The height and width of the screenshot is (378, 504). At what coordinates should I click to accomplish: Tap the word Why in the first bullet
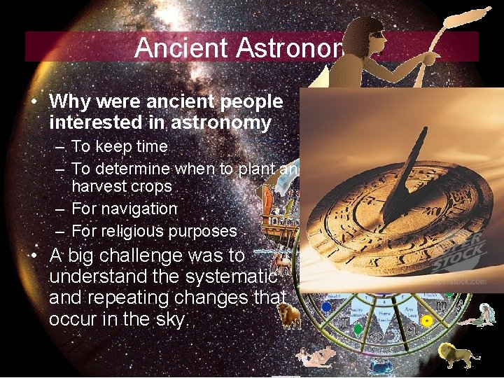click(x=68, y=102)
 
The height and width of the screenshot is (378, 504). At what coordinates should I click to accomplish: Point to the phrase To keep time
click(x=119, y=147)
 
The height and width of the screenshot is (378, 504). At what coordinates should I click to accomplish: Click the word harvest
click(x=102, y=187)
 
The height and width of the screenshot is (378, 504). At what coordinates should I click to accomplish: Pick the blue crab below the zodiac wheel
click(x=381, y=365)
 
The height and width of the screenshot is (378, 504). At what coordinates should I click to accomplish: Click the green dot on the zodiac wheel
click(x=358, y=328)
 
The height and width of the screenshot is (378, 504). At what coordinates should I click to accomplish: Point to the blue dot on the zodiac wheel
click(x=326, y=306)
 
